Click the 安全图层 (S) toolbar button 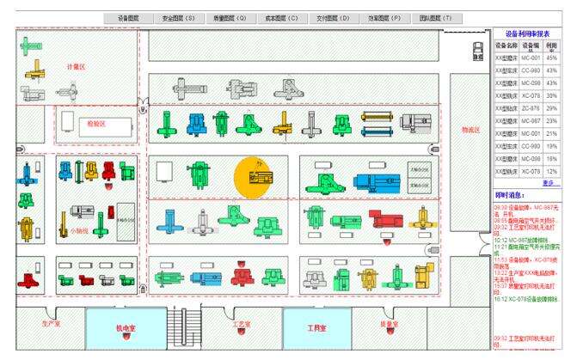179,17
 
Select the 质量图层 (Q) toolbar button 230,17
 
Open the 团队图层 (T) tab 436,17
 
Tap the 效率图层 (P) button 384,17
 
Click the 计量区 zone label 77,66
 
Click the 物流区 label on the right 470,130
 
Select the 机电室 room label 126,327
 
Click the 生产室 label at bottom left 52,324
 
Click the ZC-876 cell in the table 531,108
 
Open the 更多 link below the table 550,182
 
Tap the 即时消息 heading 510,195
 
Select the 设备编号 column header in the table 531,45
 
